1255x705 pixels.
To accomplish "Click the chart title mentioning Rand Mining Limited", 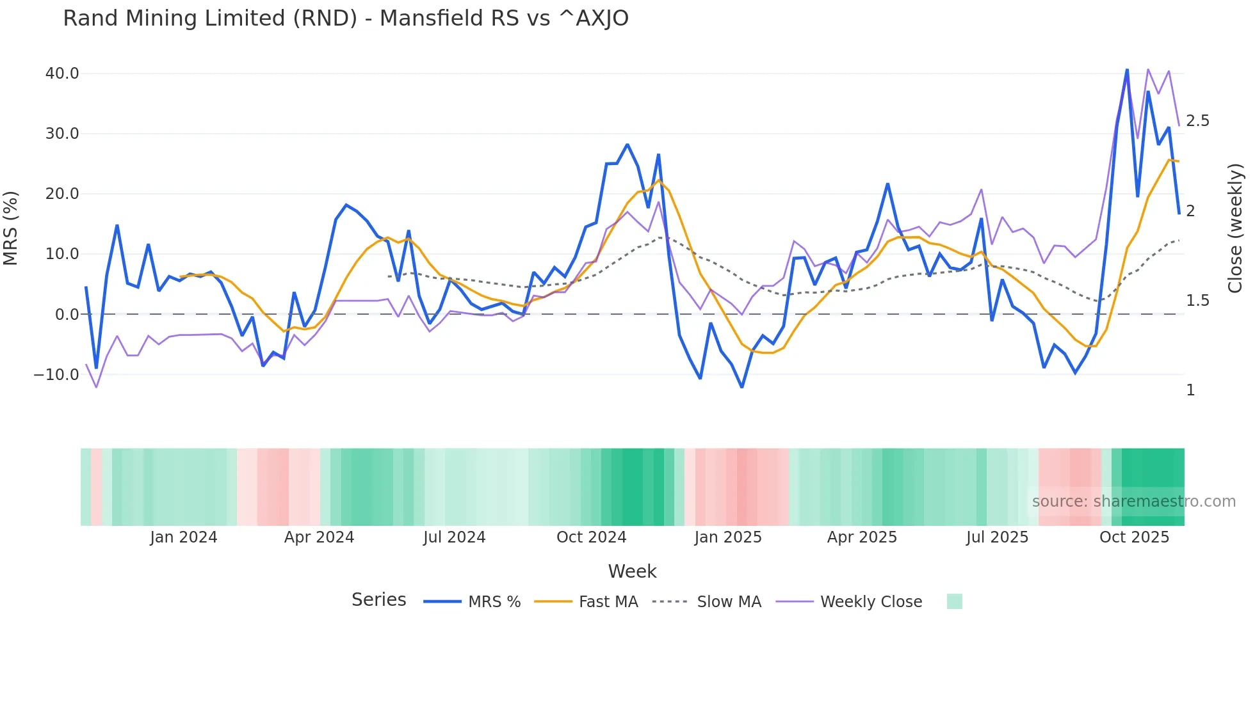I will [x=346, y=19].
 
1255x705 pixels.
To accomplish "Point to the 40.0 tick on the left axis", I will [x=62, y=74].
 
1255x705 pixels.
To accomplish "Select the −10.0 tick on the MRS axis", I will [x=56, y=375].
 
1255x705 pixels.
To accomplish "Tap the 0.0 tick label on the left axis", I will [x=67, y=315].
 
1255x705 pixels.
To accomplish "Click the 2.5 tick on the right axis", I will [x=1197, y=121].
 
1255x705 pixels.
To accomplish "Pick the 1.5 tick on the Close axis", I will [x=1197, y=301].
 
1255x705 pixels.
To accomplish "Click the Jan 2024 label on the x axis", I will [x=184, y=537].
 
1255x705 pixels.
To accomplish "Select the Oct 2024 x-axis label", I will [x=591, y=537].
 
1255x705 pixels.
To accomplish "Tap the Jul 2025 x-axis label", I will [x=997, y=537].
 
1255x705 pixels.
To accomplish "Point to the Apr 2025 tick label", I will [x=862, y=537].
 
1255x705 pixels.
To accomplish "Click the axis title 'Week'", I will [x=632, y=571].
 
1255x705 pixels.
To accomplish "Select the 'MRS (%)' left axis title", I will [x=11, y=228].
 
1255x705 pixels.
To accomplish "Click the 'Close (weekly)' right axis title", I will [x=1235, y=228].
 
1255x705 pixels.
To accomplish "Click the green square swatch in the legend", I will [x=954, y=601].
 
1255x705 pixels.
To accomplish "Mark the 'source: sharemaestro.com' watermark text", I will [x=1133, y=502].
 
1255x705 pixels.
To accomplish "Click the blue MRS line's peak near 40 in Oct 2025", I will [x=1127, y=70].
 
